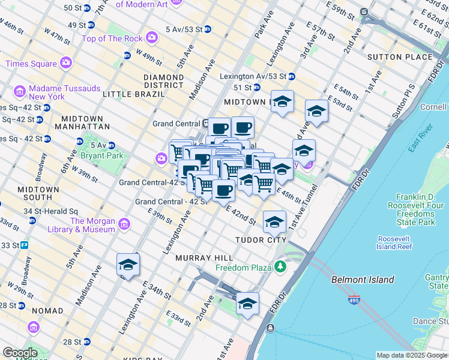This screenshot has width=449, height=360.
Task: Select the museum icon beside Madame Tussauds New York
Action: click(20, 92)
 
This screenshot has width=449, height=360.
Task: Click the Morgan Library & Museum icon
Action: click(124, 225)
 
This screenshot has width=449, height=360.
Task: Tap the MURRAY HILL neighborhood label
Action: click(199, 257)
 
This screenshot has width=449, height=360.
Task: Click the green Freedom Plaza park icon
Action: click(280, 266)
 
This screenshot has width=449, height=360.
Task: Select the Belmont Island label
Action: click(363, 280)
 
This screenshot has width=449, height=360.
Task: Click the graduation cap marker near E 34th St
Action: click(128, 264)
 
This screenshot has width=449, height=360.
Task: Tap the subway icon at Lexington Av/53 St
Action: click(292, 77)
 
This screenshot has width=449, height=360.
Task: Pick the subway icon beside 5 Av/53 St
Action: click(208, 29)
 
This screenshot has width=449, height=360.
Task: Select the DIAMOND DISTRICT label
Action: click(163, 81)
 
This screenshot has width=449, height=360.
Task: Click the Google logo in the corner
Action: click(20, 353)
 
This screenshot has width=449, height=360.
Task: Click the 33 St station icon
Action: click(25, 245)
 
